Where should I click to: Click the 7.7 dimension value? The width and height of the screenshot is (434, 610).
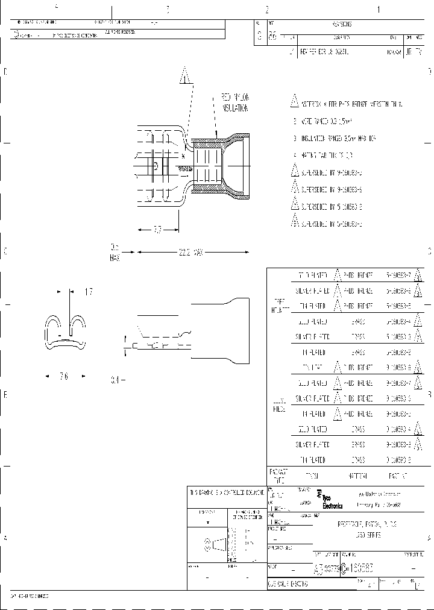(157, 229)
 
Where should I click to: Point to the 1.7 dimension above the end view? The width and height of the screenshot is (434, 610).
(88, 292)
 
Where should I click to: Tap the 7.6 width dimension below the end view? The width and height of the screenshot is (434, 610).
(64, 376)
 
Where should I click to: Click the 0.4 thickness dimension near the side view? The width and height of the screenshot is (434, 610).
(117, 380)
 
